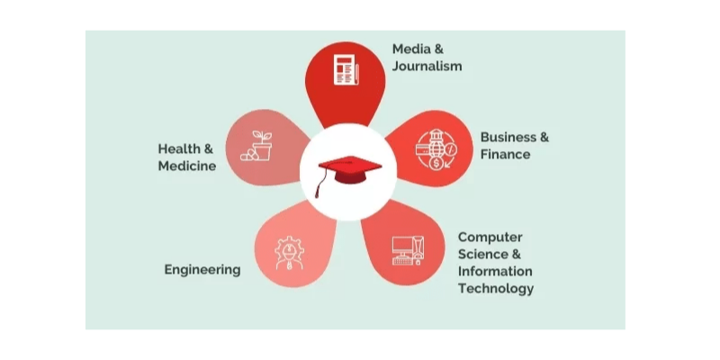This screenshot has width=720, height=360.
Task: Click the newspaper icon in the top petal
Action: pos(346,69)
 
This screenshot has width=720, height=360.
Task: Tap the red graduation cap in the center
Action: pos(349,170)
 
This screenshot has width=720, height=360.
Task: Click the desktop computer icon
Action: pos(409,250)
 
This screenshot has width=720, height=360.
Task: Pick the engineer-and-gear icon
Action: pos(289,253)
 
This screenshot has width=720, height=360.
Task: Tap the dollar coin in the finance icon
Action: pos(436,163)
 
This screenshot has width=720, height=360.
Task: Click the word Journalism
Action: pos(427,66)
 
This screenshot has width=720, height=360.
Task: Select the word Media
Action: pos(411,49)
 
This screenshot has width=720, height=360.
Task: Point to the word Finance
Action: pos(505,154)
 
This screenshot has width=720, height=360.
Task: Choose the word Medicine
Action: pos(187,166)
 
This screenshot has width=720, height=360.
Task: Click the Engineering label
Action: pos(202,269)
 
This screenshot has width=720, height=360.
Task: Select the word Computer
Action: pos(490,238)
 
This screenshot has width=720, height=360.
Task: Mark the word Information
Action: pos(495,271)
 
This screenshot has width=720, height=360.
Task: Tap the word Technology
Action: pos(496,288)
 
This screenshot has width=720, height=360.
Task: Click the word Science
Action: pos(483,254)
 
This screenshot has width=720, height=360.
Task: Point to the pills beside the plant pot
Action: pos(249,155)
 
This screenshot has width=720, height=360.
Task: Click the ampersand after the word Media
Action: pos(439,49)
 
